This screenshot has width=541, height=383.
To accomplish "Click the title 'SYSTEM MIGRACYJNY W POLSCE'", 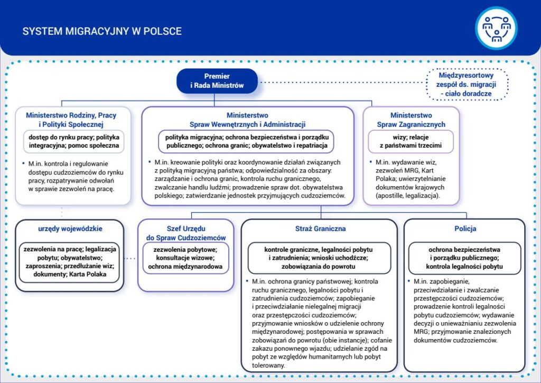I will pyautogui.click(x=101, y=31).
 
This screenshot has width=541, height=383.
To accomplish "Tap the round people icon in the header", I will pyautogui.click(x=497, y=28).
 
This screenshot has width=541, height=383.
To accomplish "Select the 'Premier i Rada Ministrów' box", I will pyautogui.click(x=217, y=80).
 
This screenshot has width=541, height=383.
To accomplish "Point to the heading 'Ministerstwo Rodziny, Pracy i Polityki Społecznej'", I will pyautogui.click(x=71, y=120).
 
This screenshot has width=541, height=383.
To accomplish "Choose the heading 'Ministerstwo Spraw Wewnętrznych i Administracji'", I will pyautogui.click(x=247, y=120).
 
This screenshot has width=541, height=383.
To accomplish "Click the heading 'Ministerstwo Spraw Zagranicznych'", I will pyautogui.click(x=411, y=120).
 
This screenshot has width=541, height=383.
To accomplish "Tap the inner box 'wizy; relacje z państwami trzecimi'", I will pyautogui.click(x=411, y=141).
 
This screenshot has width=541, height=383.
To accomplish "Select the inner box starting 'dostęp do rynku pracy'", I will pyautogui.click(x=73, y=141).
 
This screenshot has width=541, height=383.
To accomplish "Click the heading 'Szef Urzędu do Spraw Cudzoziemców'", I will pyautogui.click(x=185, y=233).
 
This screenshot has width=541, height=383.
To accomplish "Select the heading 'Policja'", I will pyautogui.click(x=465, y=229).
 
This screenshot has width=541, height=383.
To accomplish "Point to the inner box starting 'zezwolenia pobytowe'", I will pyautogui.click(x=185, y=258).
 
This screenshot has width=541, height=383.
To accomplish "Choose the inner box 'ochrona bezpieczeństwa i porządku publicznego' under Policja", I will pyautogui.click(x=465, y=258).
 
